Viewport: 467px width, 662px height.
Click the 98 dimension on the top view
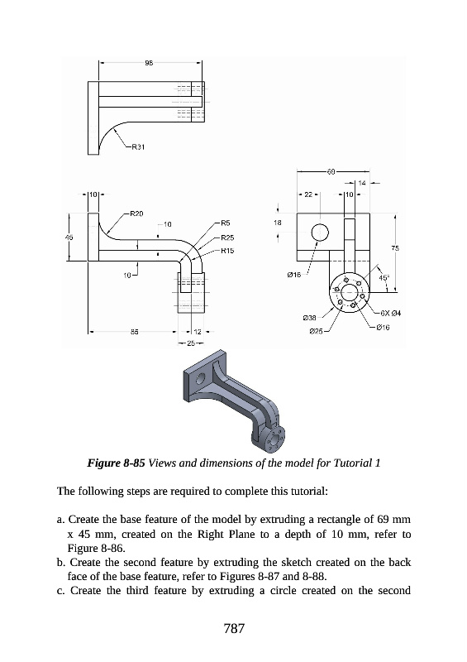tap(149, 63)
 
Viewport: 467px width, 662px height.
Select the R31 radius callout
tap(138, 147)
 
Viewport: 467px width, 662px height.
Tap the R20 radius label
tap(136, 213)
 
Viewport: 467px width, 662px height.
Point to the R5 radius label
tap(225, 223)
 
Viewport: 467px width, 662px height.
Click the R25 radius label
tap(227, 237)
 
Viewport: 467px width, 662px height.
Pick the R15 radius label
tap(227, 251)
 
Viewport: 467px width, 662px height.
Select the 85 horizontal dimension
tap(134, 332)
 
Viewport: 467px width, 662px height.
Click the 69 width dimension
tap(331, 171)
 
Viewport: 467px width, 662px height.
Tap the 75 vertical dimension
tap(395, 249)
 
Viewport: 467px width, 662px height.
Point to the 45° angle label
tap(384, 278)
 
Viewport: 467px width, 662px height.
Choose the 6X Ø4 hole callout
tap(390, 314)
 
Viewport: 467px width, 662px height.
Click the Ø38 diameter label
tap(310, 318)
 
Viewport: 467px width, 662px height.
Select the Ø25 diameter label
tap(316, 332)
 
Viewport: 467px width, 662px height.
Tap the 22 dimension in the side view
tap(308, 194)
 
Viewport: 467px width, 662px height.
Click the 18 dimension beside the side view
tap(277, 223)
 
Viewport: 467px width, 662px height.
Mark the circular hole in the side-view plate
tap(320, 233)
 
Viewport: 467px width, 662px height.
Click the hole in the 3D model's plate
tap(200, 378)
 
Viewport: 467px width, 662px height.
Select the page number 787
tap(234, 629)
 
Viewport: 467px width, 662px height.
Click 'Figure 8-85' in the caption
tap(116, 463)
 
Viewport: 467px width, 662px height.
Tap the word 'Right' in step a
tap(212, 534)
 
